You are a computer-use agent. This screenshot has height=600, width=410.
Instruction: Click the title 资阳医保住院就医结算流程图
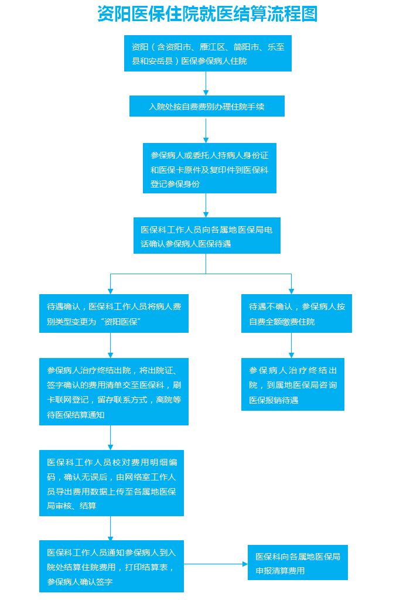click(x=207, y=14)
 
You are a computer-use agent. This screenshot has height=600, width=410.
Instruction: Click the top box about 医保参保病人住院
click(x=207, y=53)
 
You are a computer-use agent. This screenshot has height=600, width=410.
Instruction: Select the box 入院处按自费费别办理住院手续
click(x=207, y=107)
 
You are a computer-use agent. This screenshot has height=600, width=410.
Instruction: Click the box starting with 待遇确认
click(x=114, y=314)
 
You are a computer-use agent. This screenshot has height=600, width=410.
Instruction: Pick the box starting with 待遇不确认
click(x=296, y=314)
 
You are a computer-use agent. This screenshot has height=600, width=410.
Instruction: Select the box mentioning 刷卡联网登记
click(x=114, y=392)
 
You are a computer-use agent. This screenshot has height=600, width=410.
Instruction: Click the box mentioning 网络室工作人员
click(x=111, y=483)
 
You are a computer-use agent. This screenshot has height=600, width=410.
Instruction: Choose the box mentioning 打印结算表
click(x=111, y=567)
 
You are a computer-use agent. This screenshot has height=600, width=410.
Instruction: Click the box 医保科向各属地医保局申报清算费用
click(x=298, y=563)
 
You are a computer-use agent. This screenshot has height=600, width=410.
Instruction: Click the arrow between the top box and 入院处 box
click(x=206, y=84)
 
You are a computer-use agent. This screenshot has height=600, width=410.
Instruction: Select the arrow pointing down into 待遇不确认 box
click(x=291, y=284)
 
